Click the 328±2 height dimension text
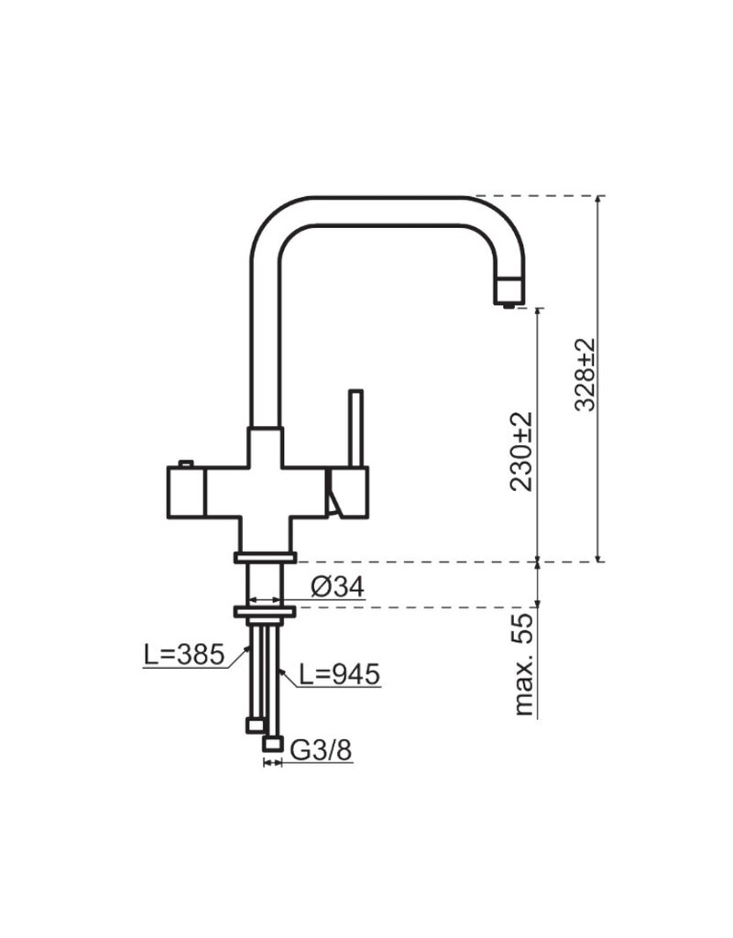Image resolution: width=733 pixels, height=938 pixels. tap(584, 376)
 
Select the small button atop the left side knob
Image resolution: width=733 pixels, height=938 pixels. tap(188, 462)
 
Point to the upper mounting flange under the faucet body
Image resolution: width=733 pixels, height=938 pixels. tap(265, 557)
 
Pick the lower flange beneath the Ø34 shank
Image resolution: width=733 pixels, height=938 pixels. tap(265, 610)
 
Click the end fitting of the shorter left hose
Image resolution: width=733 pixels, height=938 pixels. tap(255, 725)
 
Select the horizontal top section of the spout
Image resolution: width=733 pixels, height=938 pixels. tap(385, 210)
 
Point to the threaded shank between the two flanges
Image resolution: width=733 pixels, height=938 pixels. tap(265, 583)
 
